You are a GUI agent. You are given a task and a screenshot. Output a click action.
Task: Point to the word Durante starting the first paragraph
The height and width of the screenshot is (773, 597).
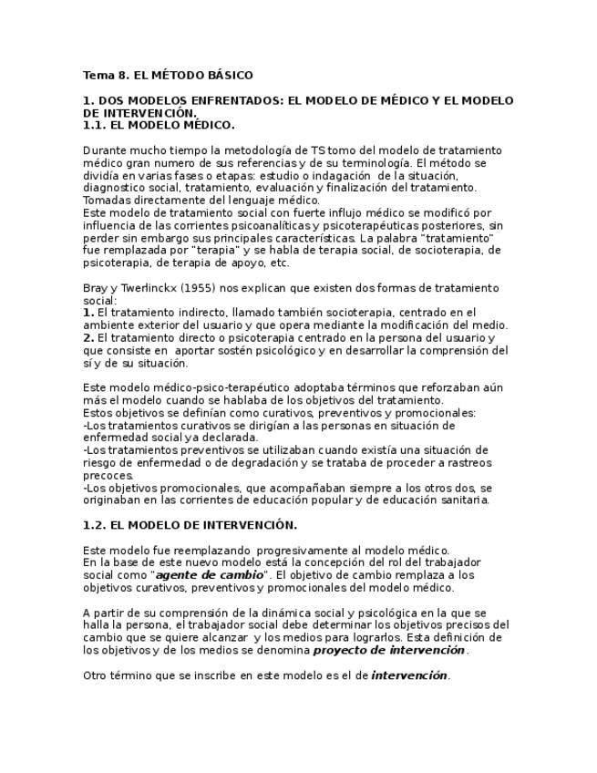tap(105, 150)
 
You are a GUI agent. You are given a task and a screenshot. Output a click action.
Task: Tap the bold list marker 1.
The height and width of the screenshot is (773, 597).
tap(87, 313)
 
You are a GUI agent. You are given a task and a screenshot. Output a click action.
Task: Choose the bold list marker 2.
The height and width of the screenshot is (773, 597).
tap(87, 338)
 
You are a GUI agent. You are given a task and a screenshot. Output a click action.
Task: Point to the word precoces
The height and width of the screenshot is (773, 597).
tap(108, 475)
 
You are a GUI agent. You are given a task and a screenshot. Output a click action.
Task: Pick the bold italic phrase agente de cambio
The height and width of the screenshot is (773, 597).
tap(209, 575)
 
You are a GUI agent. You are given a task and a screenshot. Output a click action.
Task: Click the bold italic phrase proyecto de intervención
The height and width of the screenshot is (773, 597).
tap(389, 651)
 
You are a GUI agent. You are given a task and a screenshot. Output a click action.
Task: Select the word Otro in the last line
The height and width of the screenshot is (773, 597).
tap(96, 675)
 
